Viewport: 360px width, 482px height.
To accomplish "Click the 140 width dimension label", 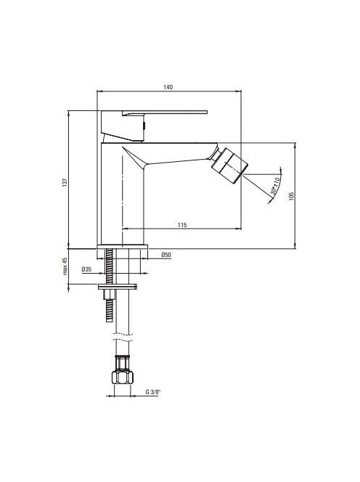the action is pyautogui.click(x=168, y=87).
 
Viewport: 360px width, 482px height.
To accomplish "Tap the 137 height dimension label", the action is pyautogui.click(x=65, y=182).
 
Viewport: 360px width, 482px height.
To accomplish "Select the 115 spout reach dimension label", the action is pyautogui.click(x=182, y=225).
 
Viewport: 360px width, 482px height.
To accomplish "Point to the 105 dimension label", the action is pyautogui.click(x=292, y=196).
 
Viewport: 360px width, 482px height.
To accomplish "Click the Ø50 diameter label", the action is pyautogui.click(x=166, y=255).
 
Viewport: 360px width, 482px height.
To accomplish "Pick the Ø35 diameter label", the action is pyautogui.click(x=86, y=269).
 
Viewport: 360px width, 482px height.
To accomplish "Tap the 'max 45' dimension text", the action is pyautogui.click(x=65, y=266).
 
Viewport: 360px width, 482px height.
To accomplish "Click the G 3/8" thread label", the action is pyautogui.click(x=153, y=392).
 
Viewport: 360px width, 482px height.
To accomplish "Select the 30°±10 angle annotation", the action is pyautogui.click(x=276, y=187).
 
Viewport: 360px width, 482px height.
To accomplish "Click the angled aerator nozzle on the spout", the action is pyautogui.click(x=230, y=165).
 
